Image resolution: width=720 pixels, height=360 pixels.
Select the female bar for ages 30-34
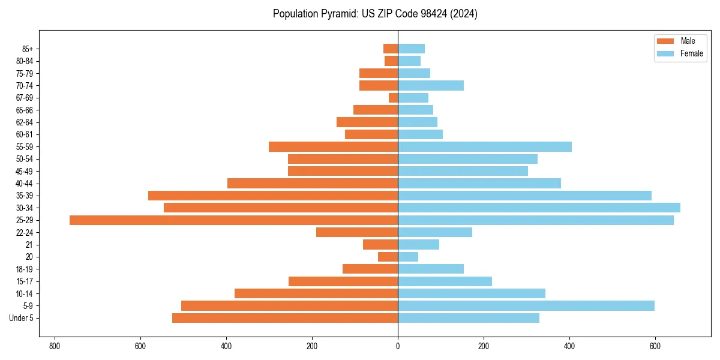click(539, 208)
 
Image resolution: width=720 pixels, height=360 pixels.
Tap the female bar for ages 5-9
click(526, 306)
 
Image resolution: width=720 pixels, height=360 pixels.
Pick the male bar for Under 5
click(285, 318)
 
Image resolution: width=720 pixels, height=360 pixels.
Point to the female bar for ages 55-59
click(485, 147)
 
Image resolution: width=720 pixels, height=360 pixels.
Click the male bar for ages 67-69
click(393, 98)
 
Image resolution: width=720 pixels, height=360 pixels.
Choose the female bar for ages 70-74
click(431, 86)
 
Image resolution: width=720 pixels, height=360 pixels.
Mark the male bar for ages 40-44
click(313, 184)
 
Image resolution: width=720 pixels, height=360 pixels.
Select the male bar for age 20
click(388, 257)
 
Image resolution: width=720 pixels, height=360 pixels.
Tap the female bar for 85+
click(411, 49)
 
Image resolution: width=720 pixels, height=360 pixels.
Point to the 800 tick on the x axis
click(55, 347)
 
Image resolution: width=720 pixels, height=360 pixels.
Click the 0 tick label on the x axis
click(398, 347)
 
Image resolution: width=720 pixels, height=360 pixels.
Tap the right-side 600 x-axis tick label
click(655, 347)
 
